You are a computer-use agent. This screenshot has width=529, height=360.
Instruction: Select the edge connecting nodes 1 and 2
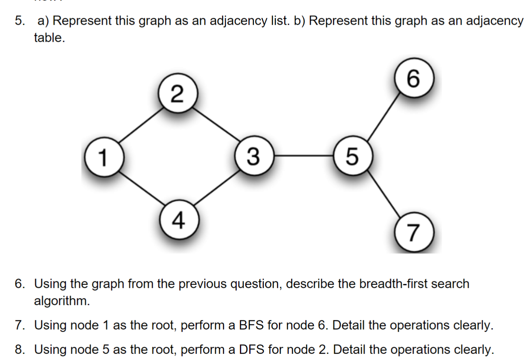pos(140,126)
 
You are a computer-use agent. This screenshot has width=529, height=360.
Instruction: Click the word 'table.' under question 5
pos(49,39)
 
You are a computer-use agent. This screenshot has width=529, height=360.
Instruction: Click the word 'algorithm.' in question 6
pos(61,301)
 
